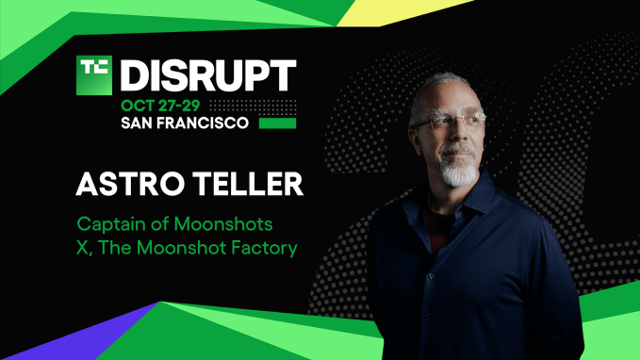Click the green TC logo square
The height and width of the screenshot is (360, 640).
click(94, 75)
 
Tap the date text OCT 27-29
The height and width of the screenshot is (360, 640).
click(162, 106)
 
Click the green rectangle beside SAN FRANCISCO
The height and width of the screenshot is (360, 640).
click(278, 123)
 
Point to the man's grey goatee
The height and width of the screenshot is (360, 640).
click(459, 173)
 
